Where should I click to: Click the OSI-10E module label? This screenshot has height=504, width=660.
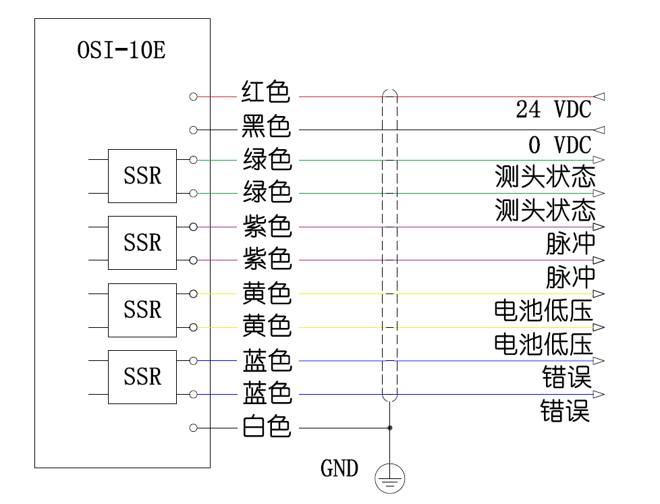121,51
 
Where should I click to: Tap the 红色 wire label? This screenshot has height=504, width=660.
266,92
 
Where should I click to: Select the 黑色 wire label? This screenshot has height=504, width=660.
266,126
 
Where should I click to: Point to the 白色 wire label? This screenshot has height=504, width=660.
266,426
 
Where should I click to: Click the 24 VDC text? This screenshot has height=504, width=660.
553,109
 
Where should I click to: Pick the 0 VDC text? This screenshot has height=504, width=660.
559,144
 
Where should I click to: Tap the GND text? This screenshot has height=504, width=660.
339,468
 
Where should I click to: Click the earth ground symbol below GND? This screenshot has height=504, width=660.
389,479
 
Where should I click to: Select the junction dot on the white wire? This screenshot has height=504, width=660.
389,428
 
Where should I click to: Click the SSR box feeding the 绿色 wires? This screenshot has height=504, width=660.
142,176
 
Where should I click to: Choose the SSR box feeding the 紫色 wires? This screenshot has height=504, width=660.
142,243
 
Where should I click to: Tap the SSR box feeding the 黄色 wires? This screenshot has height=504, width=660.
142,310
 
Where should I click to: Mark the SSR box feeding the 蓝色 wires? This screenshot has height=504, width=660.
142,377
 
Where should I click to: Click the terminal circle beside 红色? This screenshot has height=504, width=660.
194,96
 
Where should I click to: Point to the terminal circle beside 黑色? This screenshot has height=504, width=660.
194,130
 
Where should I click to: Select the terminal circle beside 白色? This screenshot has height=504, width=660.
194,428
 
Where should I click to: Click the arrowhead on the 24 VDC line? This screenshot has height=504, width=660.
599,96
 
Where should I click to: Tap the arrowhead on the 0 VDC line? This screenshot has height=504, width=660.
599,130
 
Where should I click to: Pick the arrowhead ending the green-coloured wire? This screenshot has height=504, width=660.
599,194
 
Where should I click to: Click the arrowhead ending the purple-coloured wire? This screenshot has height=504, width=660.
599,227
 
